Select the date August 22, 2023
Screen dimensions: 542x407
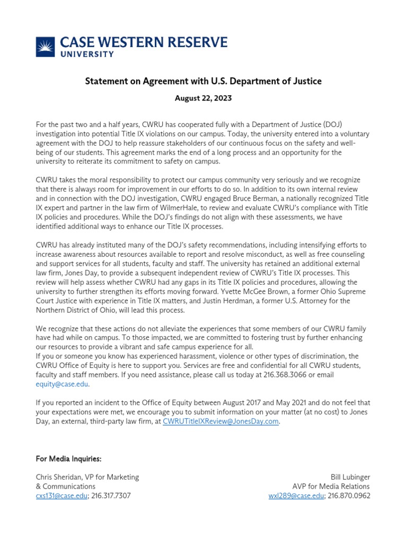point(203,98)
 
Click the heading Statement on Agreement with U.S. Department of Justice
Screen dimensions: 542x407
point(203,81)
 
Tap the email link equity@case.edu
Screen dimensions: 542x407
point(62,384)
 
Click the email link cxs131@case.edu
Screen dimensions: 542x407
point(61,496)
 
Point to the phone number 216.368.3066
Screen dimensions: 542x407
point(286,375)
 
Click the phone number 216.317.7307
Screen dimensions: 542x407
point(111,496)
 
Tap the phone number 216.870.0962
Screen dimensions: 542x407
point(349,496)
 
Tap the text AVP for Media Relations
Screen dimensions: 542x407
point(331,486)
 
